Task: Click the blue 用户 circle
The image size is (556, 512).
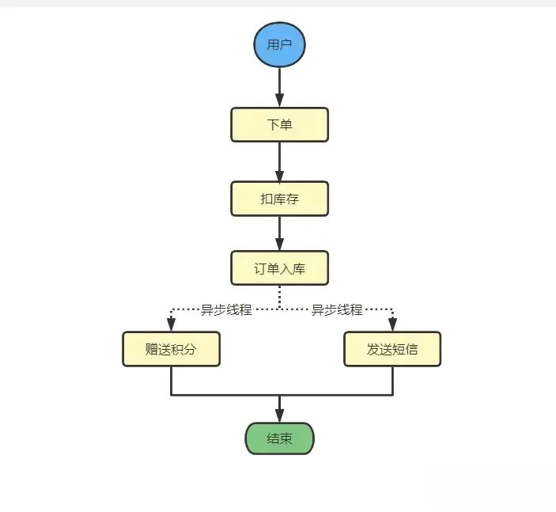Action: (x=279, y=44)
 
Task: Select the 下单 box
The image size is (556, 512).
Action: (x=279, y=125)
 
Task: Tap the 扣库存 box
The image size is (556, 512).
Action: (x=279, y=199)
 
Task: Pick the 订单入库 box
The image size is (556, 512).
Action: (x=279, y=268)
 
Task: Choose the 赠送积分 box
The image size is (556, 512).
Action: (x=171, y=349)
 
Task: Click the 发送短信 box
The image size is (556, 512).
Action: (x=392, y=349)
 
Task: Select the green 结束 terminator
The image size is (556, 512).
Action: (x=279, y=438)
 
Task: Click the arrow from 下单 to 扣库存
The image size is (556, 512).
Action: (x=279, y=162)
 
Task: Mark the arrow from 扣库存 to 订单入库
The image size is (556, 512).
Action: (x=279, y=233)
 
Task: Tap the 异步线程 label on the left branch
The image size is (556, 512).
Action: (x=226, y=309)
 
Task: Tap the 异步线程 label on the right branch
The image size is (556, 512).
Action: (x=337, y=309)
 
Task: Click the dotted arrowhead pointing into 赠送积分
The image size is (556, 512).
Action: (x=171, y=324)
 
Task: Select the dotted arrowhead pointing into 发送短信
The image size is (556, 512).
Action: (x=392, y=324)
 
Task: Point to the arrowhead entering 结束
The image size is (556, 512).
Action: (x=279, y=415)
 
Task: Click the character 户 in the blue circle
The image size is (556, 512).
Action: (x=286, y=44)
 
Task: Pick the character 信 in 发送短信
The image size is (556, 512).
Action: (x=411, y=349)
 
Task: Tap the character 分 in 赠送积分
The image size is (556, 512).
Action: (x=190, y=349)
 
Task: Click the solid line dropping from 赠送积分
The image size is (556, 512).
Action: (x=171, y=381)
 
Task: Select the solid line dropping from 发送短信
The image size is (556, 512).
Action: (x=392, y=381)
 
